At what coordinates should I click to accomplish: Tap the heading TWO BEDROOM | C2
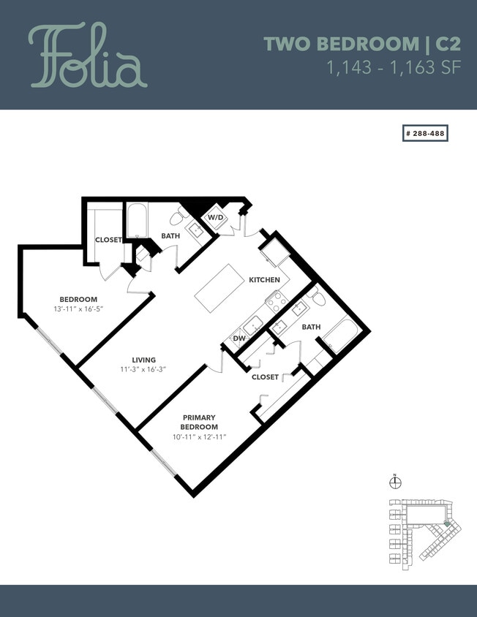356,44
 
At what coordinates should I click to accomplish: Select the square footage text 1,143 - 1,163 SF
388,69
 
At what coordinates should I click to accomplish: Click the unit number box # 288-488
425,134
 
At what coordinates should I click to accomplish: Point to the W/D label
215,218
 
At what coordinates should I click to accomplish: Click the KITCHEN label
264,280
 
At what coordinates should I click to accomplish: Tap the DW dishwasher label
238,338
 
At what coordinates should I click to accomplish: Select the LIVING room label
143,359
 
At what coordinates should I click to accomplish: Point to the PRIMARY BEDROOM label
199,422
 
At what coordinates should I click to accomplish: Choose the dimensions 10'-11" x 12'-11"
199,436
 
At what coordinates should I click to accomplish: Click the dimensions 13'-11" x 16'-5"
78,309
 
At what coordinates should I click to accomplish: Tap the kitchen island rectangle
219,288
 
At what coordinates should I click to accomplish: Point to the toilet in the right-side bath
316,298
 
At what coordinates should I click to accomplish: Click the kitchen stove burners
276,300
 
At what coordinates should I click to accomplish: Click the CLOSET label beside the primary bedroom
265,377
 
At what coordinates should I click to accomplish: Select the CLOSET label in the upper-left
108,240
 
